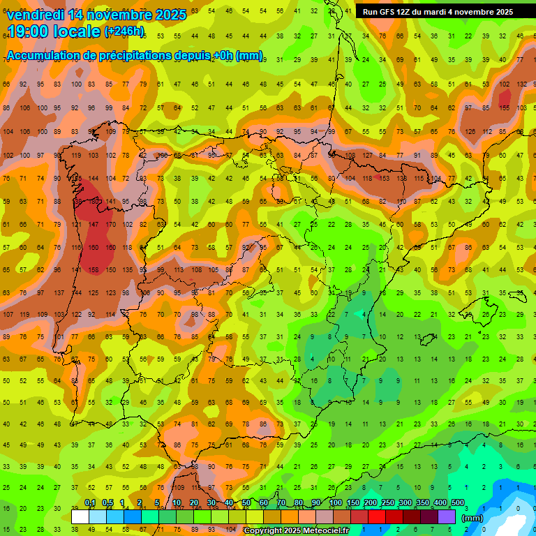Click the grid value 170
click(110, 225)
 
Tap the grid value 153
click(383, 179)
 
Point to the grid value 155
click(504, 107)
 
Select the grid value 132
click(521, 84)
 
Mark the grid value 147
click(94, 225)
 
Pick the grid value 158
click(94, 270)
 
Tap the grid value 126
click(470, 132)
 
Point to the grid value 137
click(59, 293)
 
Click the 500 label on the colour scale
click(457, 503)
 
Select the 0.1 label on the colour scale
click(90, 503)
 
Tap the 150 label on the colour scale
click(352, 503)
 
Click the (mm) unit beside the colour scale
click(473, 518)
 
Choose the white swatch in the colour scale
click(80, 516)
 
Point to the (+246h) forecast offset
click(124, 31)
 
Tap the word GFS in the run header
click(389, 12)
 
